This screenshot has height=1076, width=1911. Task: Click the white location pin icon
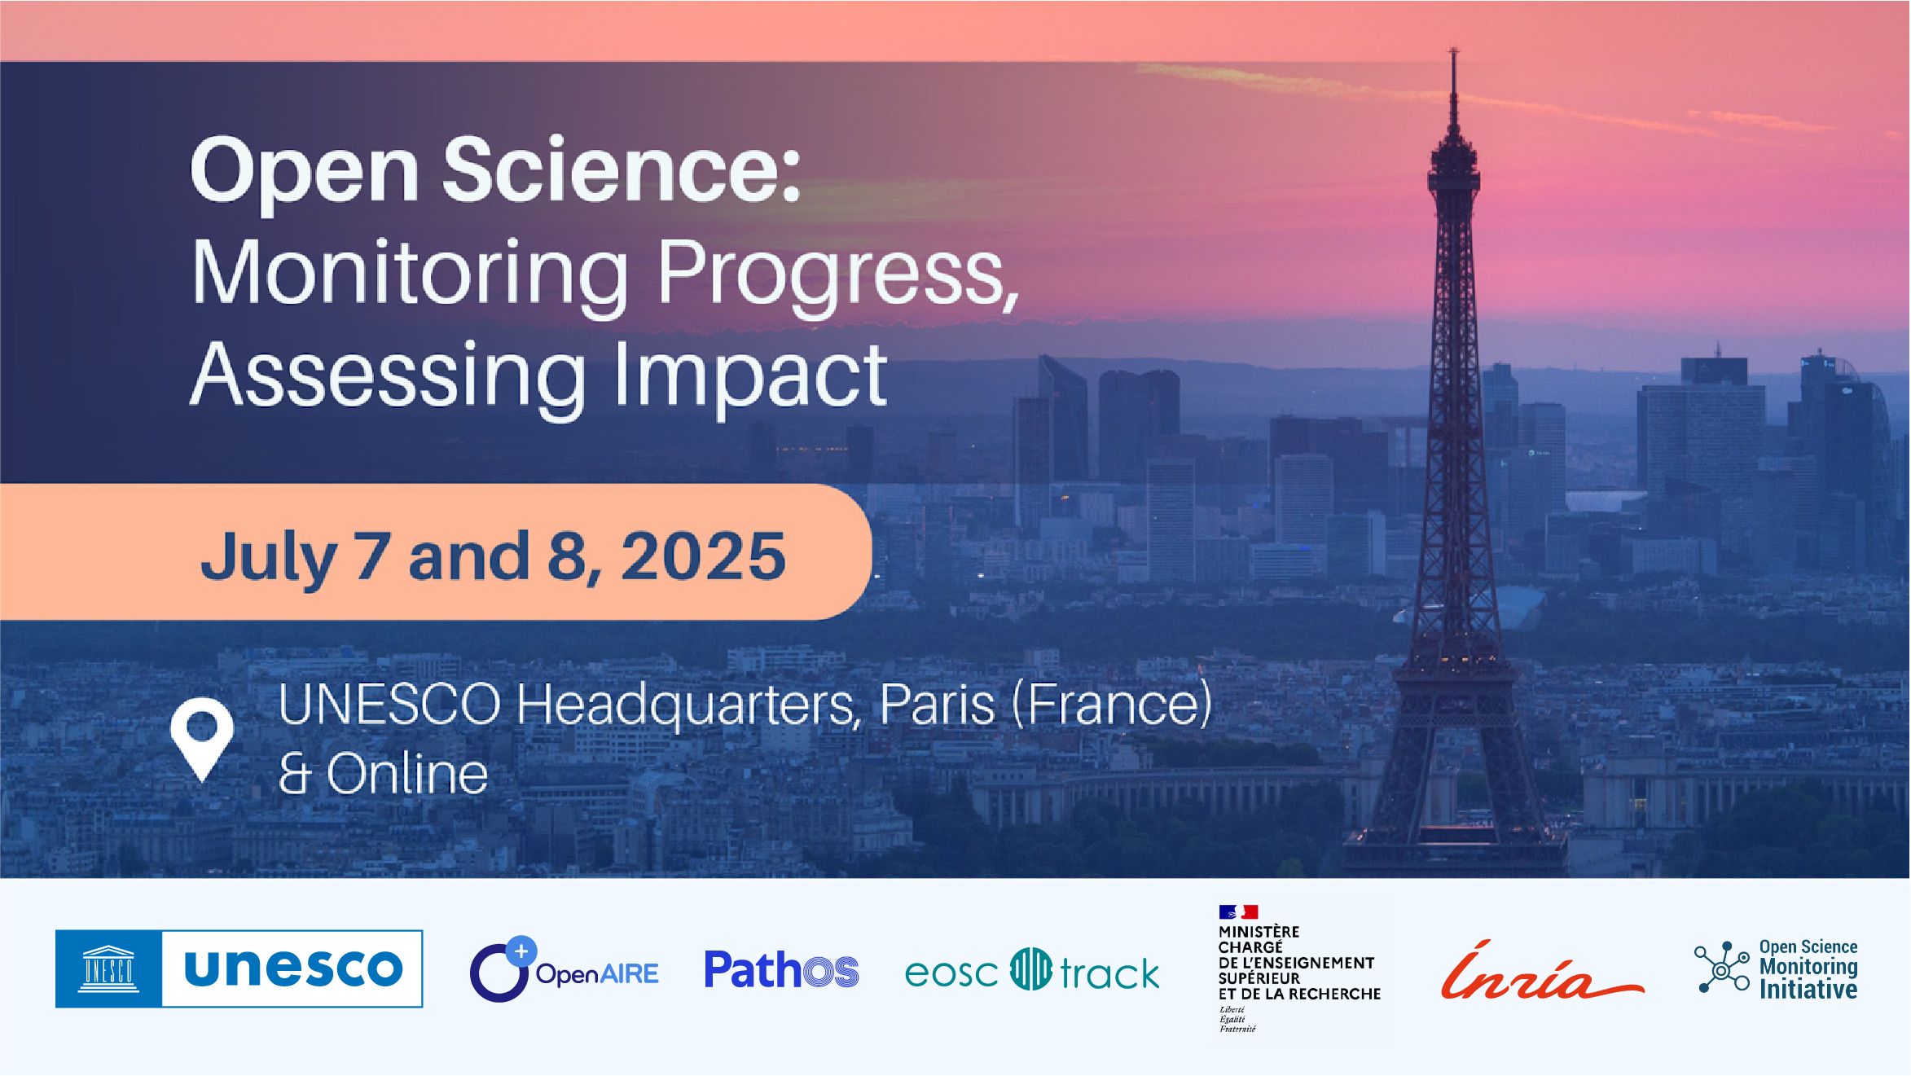point(202,736)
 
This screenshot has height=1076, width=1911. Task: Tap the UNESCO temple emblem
point(109,968)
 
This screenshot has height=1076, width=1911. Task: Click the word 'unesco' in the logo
point(293,968)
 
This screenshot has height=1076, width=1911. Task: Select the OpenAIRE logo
point(564,970)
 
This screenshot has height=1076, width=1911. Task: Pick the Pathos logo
point(781,970)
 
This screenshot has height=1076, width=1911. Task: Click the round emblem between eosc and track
point(1030,969)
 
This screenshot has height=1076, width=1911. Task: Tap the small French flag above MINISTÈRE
point(1238,911)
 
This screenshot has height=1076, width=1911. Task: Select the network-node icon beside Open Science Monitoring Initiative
point(1721,968)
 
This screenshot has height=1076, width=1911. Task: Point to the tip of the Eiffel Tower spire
point(1453,51)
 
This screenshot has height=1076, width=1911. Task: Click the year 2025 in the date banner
point(704,556)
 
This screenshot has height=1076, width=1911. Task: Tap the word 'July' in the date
point(268,556)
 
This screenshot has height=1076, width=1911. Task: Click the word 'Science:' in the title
point(622,170)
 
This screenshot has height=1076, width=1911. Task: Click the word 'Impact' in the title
point(750,375)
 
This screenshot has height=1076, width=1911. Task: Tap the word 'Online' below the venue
point(407,774)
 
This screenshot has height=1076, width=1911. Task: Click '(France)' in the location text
point(1111,705)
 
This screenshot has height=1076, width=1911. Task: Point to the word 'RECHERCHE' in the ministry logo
point(1340,994)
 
